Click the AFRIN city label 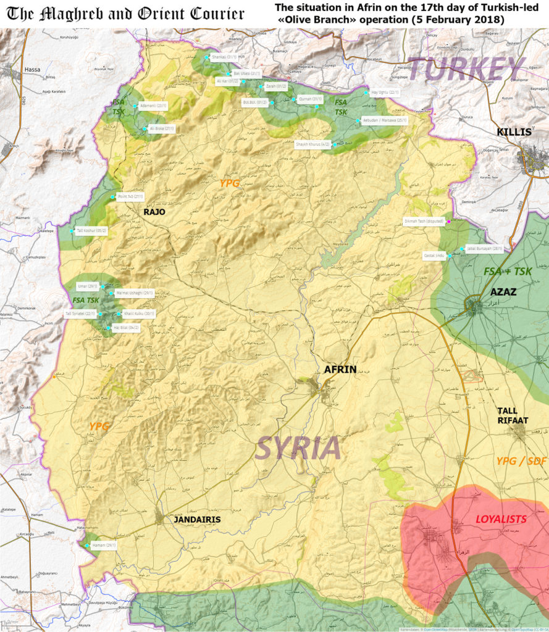tap(340, 369)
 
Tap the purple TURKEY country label tap(466, 69)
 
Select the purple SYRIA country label tap(298, 447)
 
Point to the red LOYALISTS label tap(501, 519)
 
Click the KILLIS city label tap(514, 132)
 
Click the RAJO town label tap(154, 212)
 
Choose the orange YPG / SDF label tap(521, 460)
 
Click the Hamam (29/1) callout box tap(104, 545)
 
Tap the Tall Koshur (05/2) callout tap(92, 231)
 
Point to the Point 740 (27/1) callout tap(130, 197)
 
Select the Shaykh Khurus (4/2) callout tap(314, 144)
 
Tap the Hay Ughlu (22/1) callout tap(385, 93)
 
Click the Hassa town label tap(31, 70)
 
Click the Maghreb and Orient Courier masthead tap(125, 14)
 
